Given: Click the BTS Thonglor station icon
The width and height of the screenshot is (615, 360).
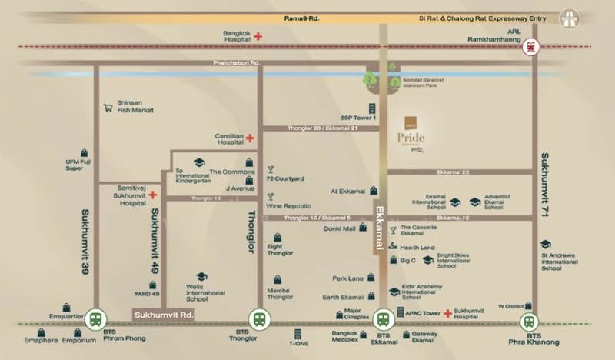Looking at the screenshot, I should (x=258, y=318).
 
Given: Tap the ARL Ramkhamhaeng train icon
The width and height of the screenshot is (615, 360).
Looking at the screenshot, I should (x=530, y=48).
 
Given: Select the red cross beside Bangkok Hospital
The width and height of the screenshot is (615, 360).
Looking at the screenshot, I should (x=259, y=35).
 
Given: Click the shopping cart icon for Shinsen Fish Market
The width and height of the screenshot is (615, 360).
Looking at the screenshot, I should (x=108, y=107).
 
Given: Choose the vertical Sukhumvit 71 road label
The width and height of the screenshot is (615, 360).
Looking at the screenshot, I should (x=544, y=184).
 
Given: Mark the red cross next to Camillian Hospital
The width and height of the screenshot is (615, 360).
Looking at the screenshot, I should (x=250, y=138).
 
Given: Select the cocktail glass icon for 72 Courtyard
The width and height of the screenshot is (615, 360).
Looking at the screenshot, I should (x=270, y=168).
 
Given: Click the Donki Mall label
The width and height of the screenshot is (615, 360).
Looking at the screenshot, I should (x=338, y=228).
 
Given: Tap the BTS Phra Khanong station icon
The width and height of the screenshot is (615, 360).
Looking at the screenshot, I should (x=529, y=322).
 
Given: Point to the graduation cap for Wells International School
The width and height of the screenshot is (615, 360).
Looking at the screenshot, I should (x=201, y=277).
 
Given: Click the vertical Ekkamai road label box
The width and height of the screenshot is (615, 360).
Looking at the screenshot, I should (x=379, y=226).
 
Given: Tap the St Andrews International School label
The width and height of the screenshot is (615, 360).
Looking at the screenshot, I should (x=559, y=262).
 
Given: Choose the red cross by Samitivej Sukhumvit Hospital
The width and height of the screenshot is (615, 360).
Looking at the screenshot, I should (x=153, y=195).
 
